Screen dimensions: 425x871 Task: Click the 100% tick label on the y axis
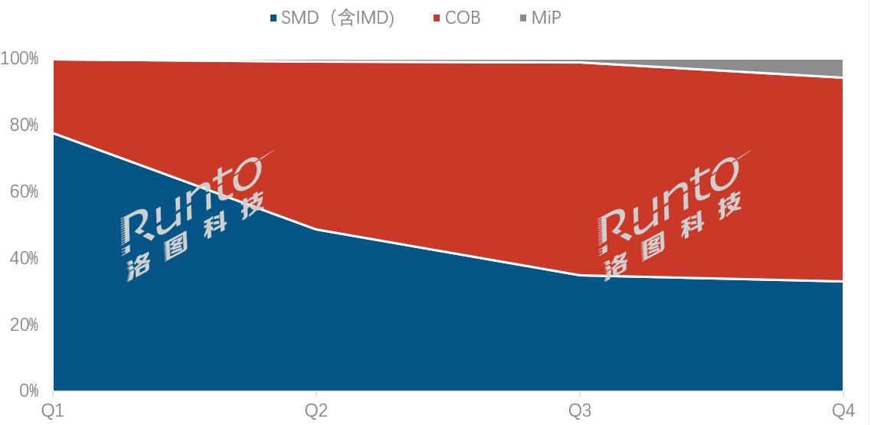coord(19,59)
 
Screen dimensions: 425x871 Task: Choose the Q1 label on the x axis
coord(52,410)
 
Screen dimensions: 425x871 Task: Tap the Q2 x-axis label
coord(316,410)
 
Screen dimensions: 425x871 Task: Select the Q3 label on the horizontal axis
coord(579,410)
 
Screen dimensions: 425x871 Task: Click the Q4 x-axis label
coord(842,410)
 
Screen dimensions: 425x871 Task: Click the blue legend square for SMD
coord(273,18)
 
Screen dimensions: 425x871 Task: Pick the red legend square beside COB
coord(437,18)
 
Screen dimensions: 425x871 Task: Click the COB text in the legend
coord(463,18)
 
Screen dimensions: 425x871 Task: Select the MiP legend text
coord(546,18)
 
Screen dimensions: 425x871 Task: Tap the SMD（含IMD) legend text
coord(338,18)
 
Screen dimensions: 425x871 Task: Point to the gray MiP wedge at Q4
coord(831,67)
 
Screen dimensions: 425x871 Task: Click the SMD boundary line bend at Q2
coord(316,229)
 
